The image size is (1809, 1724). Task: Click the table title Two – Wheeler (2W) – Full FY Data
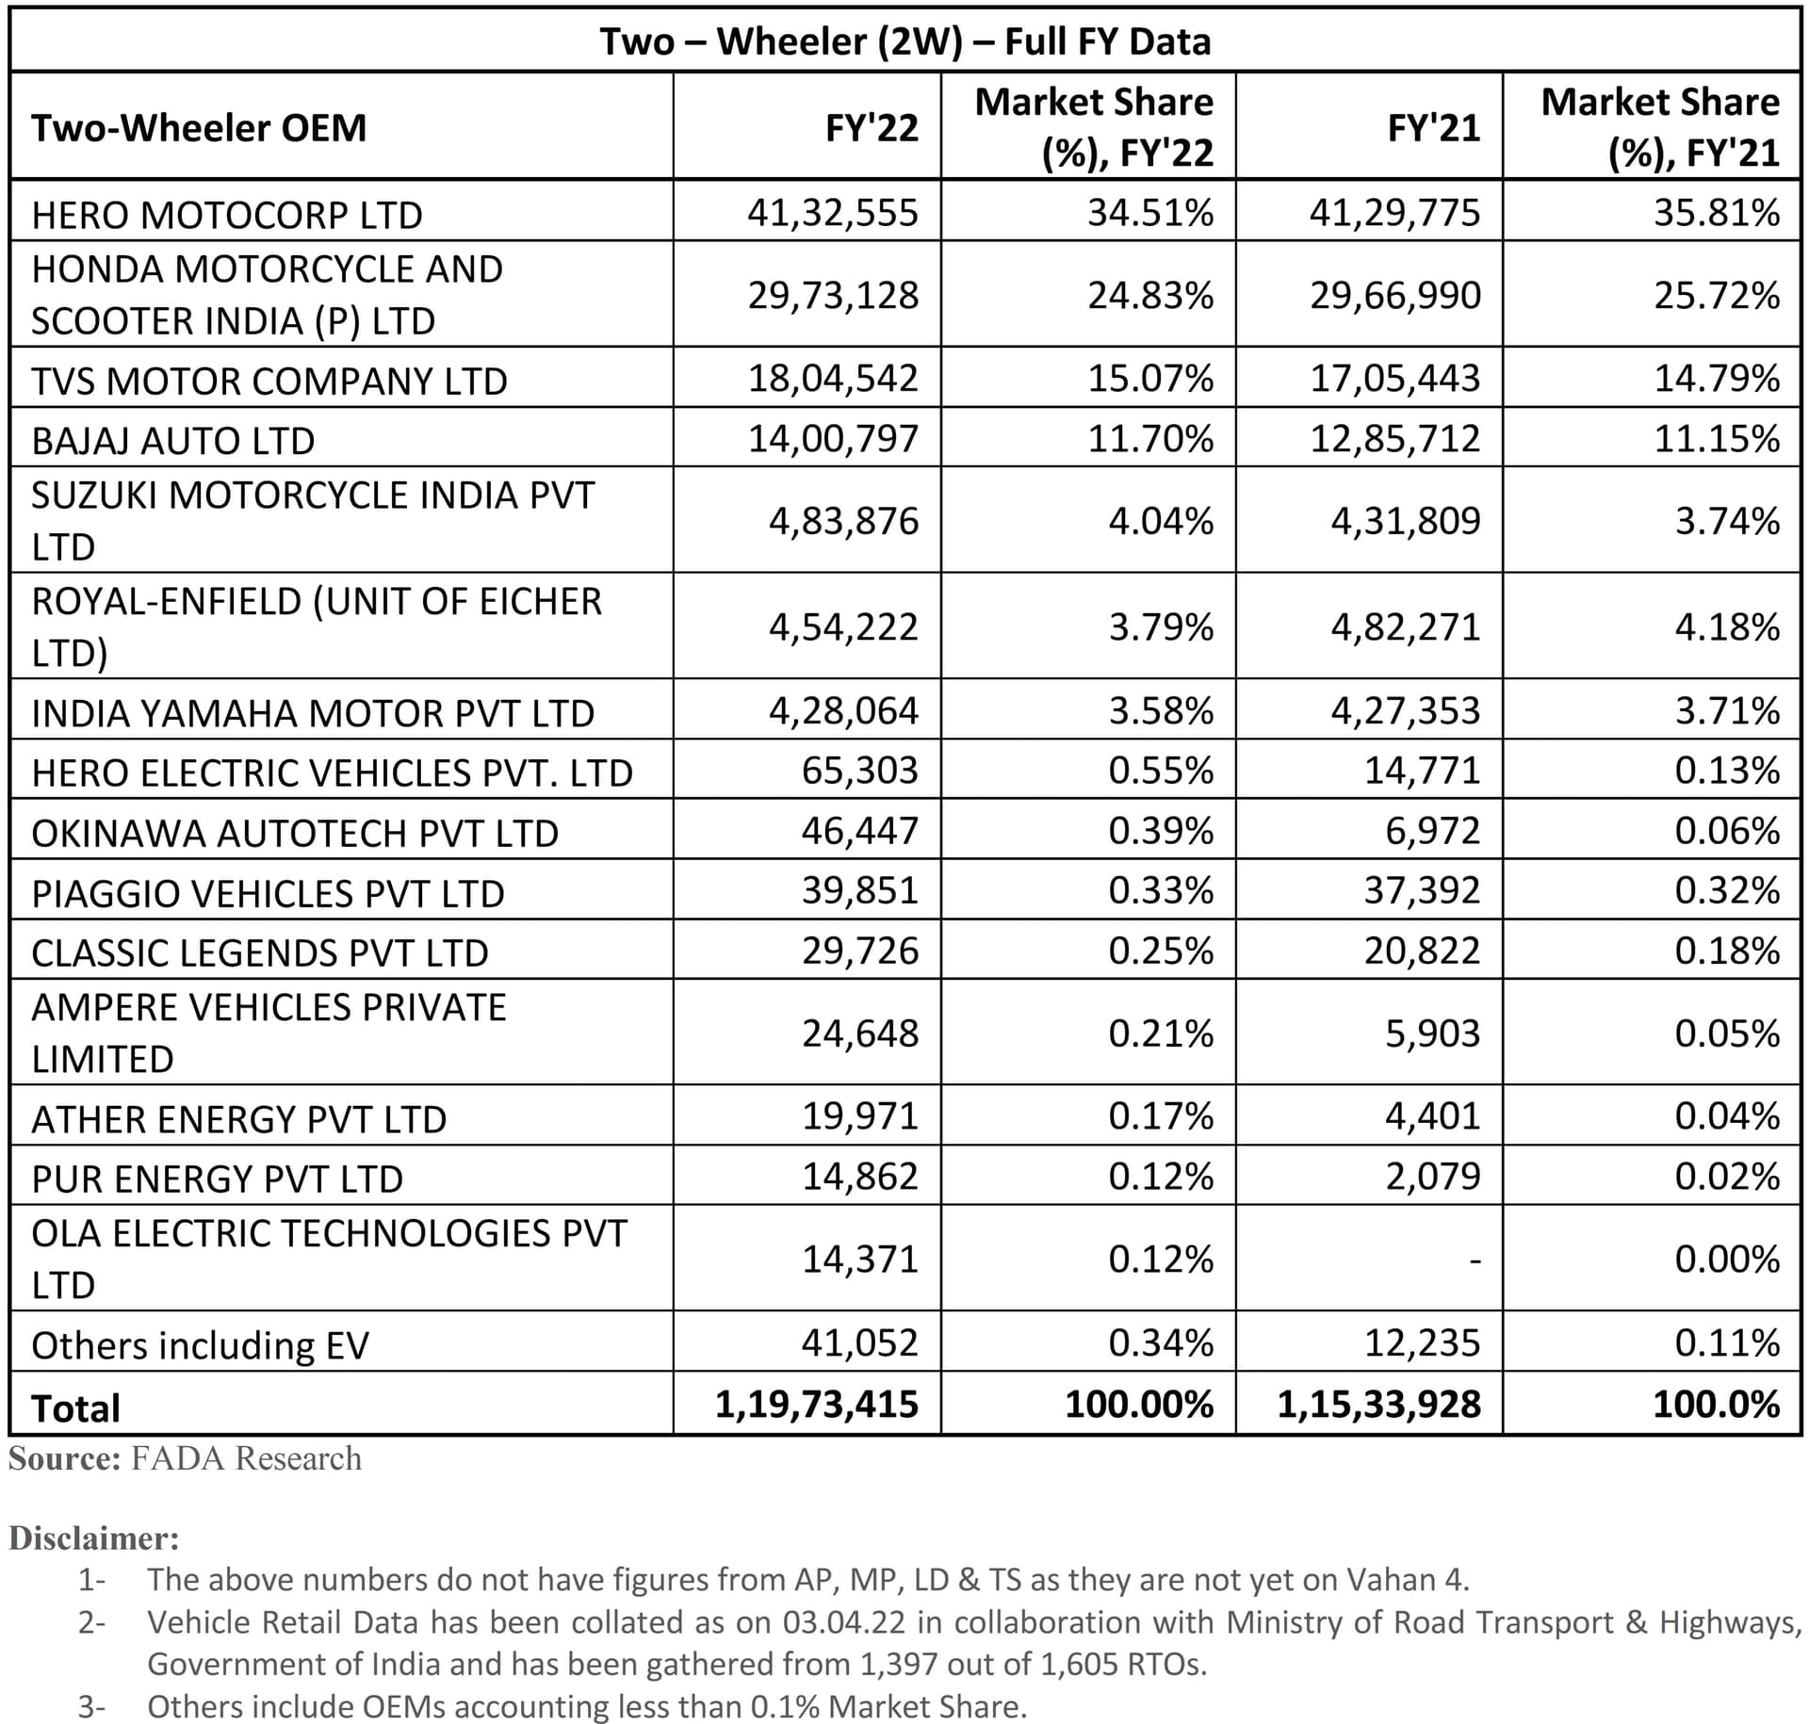click(x=904, y=41)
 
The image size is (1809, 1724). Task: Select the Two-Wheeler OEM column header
click(x=199, y=127)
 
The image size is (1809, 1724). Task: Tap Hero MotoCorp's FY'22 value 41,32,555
click(x=832, y=213)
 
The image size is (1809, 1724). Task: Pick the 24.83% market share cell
click(x=1150, y=296)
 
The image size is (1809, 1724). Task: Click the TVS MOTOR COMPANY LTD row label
click(x=269, y=381)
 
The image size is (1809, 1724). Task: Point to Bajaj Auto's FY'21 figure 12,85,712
click(x=1395, y=439)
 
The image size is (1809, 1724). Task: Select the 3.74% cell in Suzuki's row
click(x=1727, y=521)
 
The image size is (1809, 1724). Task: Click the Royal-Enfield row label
click(x=316, y=626)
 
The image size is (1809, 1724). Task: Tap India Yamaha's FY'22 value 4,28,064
click(x=843, y=710)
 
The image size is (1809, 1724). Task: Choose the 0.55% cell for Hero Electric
click(x=1161, y=771)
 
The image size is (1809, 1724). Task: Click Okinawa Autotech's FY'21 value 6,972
click(x=1432, y=831)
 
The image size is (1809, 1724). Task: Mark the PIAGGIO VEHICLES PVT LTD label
click(x=268, y=893)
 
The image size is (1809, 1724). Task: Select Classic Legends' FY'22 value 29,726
click(x=859, y=951)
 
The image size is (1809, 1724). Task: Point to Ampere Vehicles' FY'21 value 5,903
click(x=1432, y=1033)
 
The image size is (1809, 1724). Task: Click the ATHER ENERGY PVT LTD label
click(x=238, y=1119)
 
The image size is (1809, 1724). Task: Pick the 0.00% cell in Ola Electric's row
click(x=1727, y=1260)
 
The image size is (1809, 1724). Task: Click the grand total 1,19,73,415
click(x=816, y=1405)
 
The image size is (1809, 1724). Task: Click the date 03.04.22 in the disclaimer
click(x=843, y=1622)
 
